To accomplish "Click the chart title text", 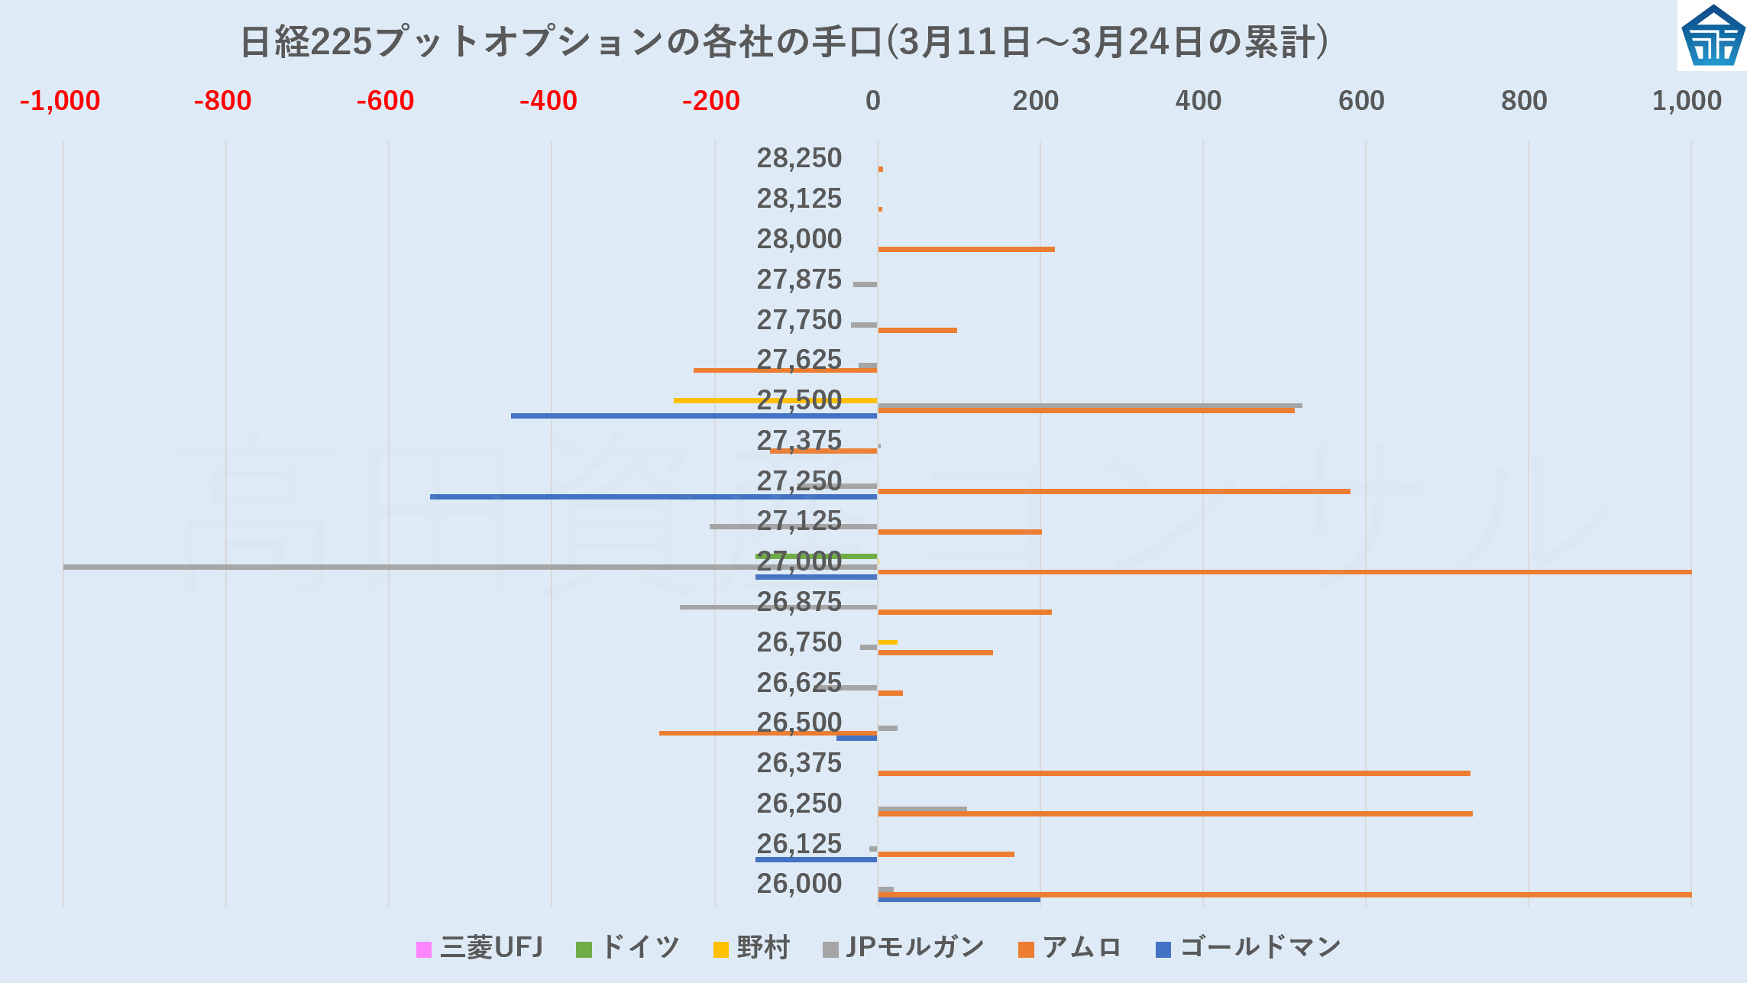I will pyautogui.click(x=784, y=42).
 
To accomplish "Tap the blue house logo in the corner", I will pyautogui.click(x=1713, y=35).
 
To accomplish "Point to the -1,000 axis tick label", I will pyautogui.click(x=60, y=101).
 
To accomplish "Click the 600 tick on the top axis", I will pyautogui.click(x=1361, y=101).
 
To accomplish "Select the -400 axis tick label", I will pyautogui.click(x=548, y=101).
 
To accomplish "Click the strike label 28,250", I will pyautogui.click(x=799, y=158).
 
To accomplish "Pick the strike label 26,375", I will pyautogui.click(x=799, y=763).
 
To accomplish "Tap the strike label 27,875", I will pyautogui.click(x=799, y=280).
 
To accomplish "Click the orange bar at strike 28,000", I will pyautogui.click(x=966, y=249).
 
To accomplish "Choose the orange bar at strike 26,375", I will pyautogui.click(x=1173, y=773).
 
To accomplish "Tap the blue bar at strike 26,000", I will pyautogui.click(x=959, y=900).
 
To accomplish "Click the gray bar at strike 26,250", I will pyautogui.click(x=922, y=809).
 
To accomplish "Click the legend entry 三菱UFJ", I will pyautogui.click(x=480, y=948).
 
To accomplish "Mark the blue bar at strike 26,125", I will pyautogui.click(x=816, y=859).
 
